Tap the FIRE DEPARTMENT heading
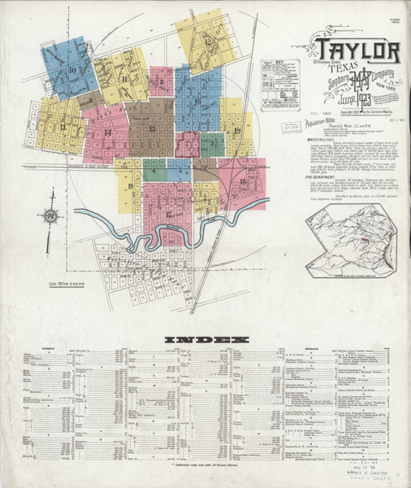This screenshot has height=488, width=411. point(300,176)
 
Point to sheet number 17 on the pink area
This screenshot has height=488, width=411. point(168,214)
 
